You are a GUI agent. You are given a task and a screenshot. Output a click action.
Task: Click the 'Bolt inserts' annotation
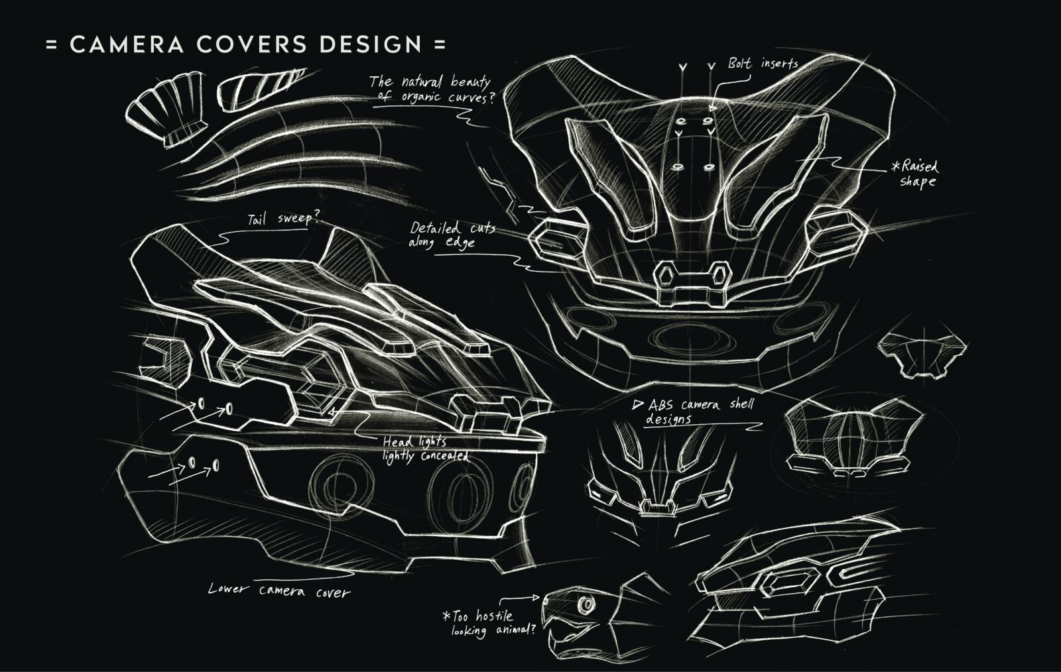click(763, 64)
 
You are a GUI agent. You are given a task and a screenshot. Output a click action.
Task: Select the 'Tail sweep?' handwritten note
click(282, 219)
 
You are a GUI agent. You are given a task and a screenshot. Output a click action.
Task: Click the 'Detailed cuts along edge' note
click(451, 235)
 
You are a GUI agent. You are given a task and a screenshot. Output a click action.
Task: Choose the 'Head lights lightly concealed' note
click(424, 449)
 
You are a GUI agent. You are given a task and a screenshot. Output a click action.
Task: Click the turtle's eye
click(586, 605)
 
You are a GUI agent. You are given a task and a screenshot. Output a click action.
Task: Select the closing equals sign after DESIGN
click(438, 44)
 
